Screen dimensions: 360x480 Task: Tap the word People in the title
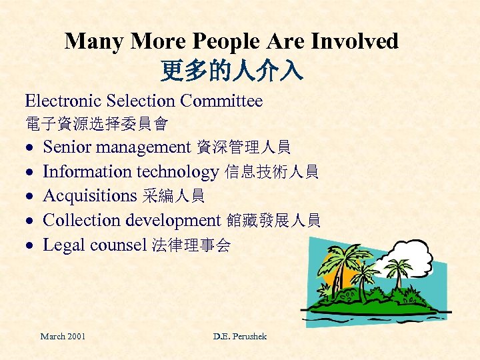225,41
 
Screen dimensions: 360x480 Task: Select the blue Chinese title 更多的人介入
231,69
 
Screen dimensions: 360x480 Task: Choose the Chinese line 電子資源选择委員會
96,124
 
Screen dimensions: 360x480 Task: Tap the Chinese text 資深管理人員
243,147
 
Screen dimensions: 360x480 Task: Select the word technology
177,172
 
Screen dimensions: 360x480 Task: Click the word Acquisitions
89,196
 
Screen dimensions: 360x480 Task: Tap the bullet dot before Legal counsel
30,246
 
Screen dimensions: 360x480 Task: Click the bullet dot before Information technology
30,173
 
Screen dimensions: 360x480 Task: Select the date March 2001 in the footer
63,336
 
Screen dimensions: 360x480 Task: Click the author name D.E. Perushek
240,336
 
